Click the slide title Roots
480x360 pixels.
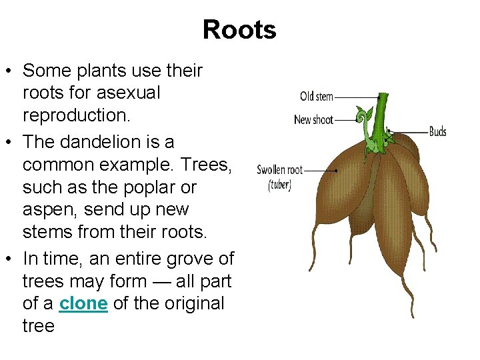point(239,30)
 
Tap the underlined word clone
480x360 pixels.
point(83,303)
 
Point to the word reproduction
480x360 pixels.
point(76,115)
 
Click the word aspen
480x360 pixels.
point(49,210)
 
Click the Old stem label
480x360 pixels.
point(317,97)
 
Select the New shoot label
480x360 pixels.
point(313,120)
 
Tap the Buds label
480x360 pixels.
point(438,131)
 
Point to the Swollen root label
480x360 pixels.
point(280,170)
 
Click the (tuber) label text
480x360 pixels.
point(280,185)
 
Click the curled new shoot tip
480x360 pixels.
point(363,117)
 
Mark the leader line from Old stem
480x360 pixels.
point(353,97)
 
